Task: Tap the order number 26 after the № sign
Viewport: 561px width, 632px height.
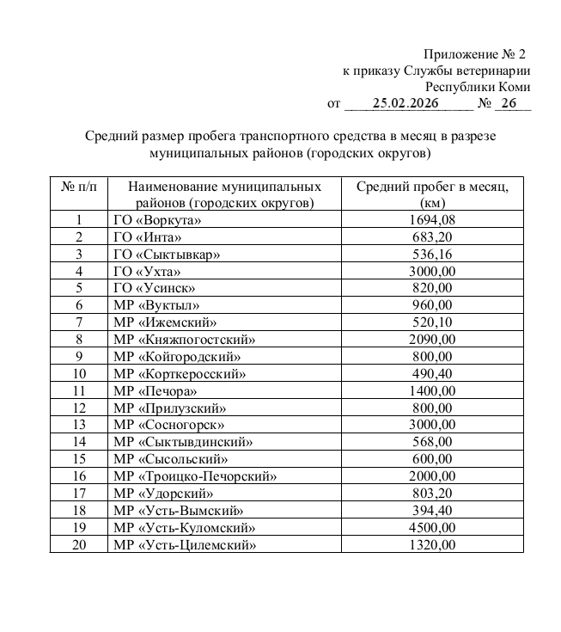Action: pyautogui.click(x=509, y=104)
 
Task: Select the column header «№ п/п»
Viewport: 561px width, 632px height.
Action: pyautogui.click(x=79, y=186)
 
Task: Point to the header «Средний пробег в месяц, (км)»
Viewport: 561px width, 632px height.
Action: pyautogui.click(x=432, y=194)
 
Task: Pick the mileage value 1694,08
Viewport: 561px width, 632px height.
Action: pyautogui.click(x=432, y=220)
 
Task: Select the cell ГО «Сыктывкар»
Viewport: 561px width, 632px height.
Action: pyautogui.click(x=167, y=254)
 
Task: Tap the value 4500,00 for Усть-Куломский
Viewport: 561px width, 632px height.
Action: pyautogui.click(x=432, y=527)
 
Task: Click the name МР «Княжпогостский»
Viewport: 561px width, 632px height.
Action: pyautogui.click(x=184, y=340)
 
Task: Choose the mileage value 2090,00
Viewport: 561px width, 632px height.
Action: pyautogui.click(x=432, y=340)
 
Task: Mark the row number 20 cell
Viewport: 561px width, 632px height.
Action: pyautogui.click(x=79, y=544)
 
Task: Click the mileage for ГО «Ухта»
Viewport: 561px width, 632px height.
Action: pyautogui.click(x=432, y=271)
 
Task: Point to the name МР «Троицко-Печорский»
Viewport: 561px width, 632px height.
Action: pyautogui.click(x=195, y=476)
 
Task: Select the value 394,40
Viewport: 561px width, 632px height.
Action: pyautogui.click(x=432, y=510)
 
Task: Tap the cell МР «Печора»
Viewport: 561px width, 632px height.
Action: pyautogui.click(x=155, y=391)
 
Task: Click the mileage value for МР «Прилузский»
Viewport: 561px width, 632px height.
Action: pyautogui.click(x=432, y=408)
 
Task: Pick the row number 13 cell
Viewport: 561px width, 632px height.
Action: pyautogui.click(x=79, y=425)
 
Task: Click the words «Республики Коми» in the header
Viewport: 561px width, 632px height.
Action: pyautogui.click(x=478, y=87)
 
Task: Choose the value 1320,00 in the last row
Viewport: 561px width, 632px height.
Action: pyautogui.click(x=432, y=544)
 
